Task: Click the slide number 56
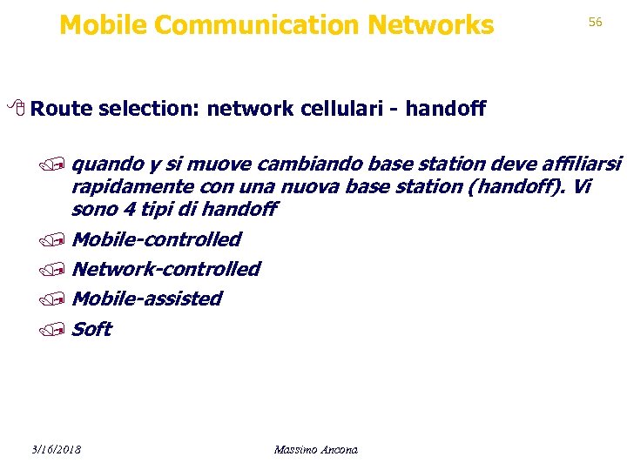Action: click(595, 22)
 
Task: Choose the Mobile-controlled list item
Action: click(157, 239)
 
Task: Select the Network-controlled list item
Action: click(165, 269)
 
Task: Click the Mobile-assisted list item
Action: click(146, 299)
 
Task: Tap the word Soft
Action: click(91, 329)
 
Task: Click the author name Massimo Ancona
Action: click(315, 450)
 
